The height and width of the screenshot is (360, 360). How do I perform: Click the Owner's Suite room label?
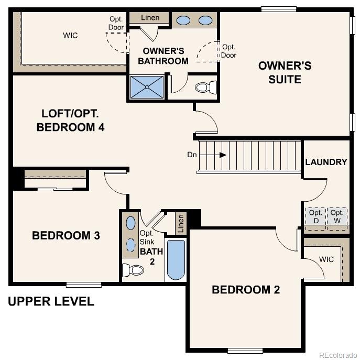coord(285,73)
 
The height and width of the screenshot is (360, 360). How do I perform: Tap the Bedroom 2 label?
coord(246,290)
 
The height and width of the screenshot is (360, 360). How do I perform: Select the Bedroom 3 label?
coord(66,235)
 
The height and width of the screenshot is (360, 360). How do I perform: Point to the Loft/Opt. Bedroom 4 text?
coord(70,120)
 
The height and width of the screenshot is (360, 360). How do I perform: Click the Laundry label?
coord(326,162)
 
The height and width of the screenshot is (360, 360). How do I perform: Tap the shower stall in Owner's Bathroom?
coord(146,88)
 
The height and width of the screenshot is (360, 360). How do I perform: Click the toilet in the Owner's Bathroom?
coord(206,86)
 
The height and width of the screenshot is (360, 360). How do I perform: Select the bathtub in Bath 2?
coord(176,260)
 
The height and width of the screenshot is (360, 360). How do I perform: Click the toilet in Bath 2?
coord(133,270)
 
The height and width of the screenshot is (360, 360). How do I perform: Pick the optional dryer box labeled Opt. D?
coord(315,216)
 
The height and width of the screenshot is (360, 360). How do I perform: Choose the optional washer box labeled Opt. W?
coord(337,216)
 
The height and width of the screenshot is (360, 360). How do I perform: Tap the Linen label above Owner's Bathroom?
coord(150,18)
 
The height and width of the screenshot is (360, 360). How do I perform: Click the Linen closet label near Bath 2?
coord(181,223)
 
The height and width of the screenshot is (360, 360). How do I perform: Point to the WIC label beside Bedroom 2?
coord(326,259)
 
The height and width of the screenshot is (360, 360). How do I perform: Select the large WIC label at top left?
coord(71,35)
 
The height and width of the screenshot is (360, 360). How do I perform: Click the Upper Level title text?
coord(51,301)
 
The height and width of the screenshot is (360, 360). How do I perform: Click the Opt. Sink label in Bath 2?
coord(146,237)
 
